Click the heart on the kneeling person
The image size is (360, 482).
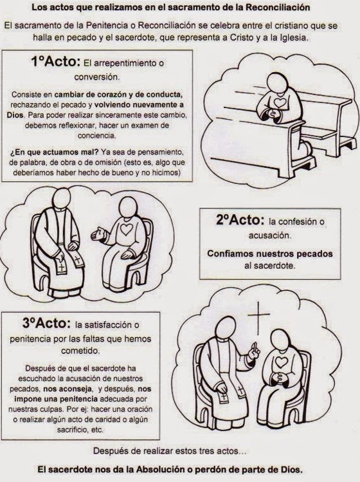tap(280, 102)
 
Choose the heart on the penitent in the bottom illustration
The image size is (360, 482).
tap(282, 362)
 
